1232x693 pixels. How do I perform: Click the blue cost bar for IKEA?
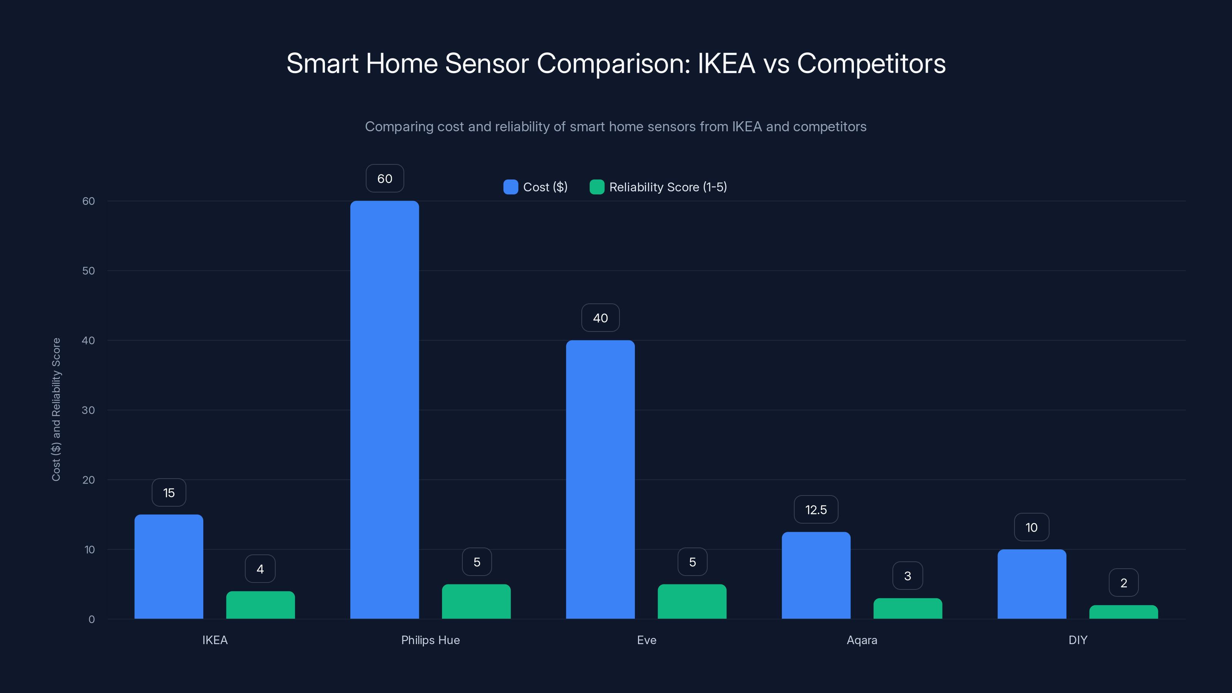(169, 566)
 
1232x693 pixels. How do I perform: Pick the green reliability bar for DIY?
(1123, 612)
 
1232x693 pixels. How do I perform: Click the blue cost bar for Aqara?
(816, 575)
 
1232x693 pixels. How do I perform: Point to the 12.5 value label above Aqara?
(816, 510)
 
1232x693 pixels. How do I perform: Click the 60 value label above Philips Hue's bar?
(385, 178)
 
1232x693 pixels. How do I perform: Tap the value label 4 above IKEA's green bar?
(260, 569)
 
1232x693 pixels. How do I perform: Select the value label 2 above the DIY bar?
(1123, 583)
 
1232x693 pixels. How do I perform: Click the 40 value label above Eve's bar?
(600, 318)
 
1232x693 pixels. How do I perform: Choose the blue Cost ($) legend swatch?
(510, 187)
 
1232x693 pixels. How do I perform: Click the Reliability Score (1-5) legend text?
(668, 187)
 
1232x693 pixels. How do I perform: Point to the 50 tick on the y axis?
(89, 271)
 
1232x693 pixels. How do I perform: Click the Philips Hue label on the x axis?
(430, 640)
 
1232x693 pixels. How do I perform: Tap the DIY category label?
(1078, 640)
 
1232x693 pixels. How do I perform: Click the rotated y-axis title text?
(56, 409)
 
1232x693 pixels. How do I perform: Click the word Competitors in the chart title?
(871, 64)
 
